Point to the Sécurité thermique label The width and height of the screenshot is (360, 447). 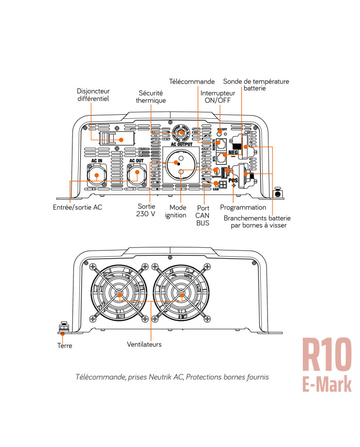[x=151, y=97]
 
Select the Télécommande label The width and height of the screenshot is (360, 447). [x=192, y=82]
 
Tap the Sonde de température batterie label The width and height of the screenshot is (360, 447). [x=256, y=85]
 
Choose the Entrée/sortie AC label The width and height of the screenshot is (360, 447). [x=77, y=207]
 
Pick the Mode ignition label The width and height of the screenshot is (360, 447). [x=175, y=211]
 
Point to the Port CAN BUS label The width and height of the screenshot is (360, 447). [x=202, y=216]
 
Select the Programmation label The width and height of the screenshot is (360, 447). [x=243, y=207]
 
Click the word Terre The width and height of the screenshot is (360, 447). [x=65, y=346]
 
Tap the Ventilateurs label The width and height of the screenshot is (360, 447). [x=144, y=344]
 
